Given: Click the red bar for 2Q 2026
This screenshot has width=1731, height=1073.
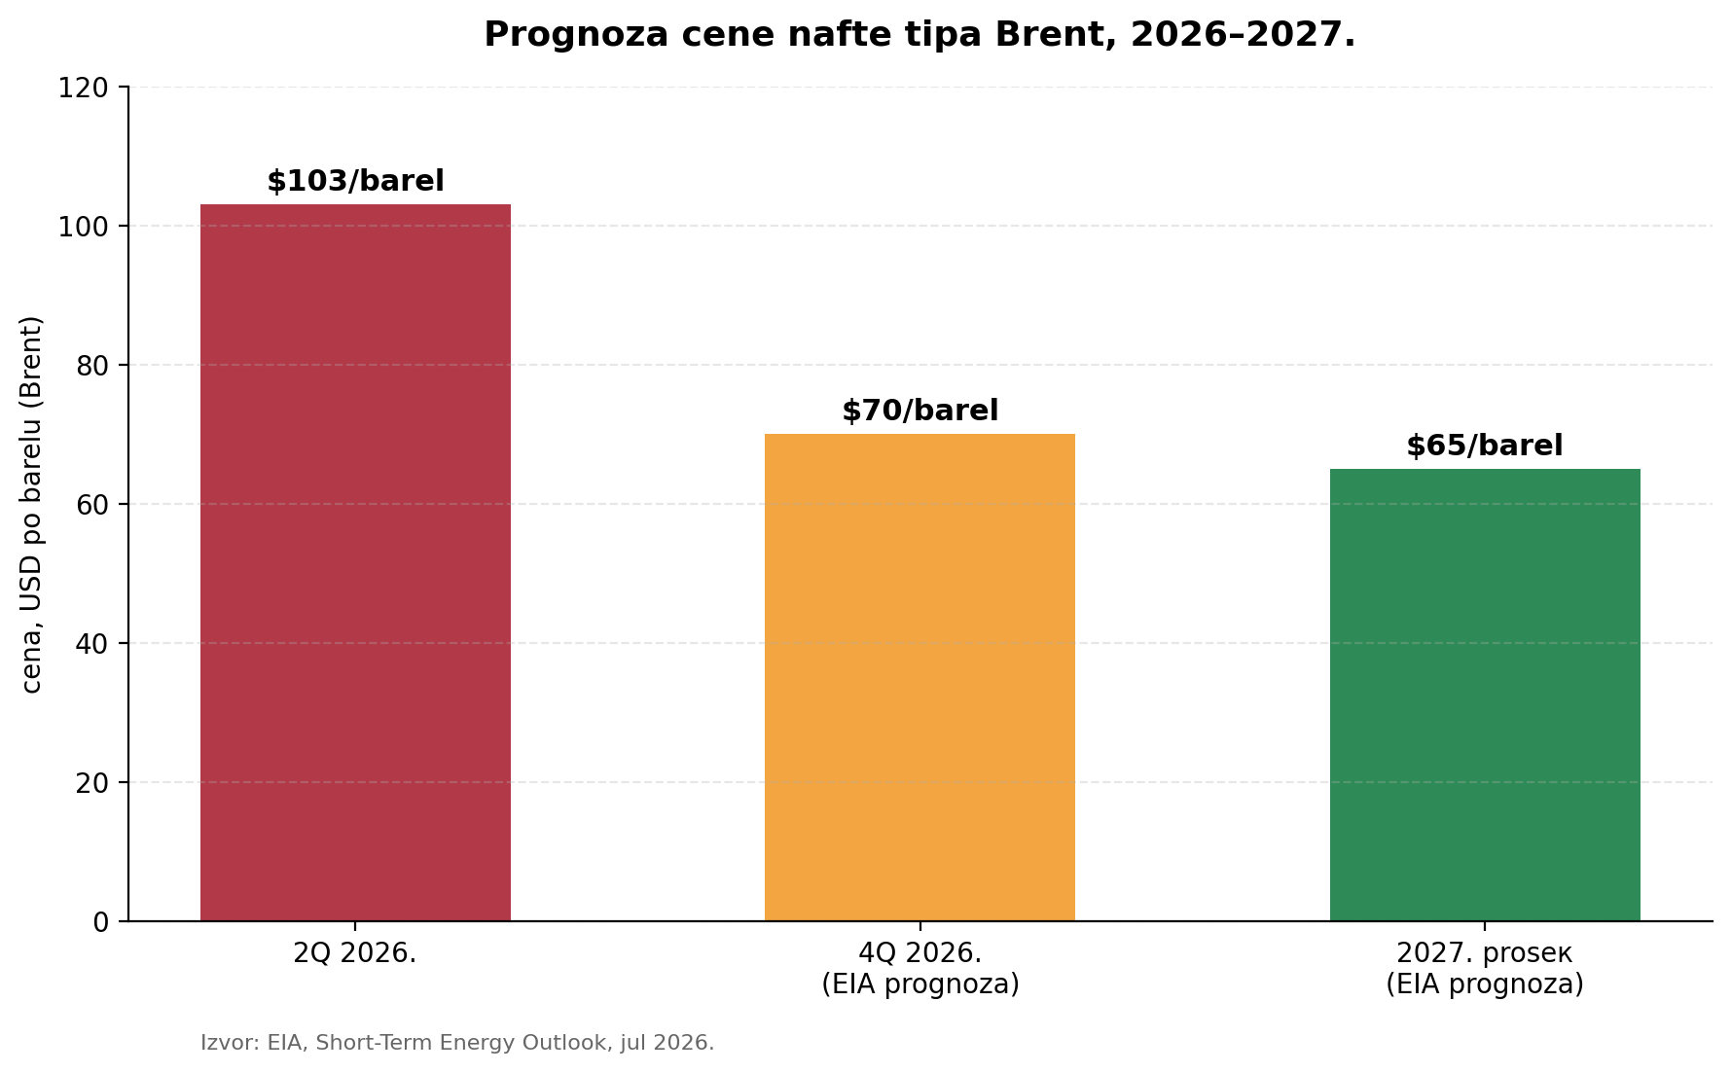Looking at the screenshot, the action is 355,562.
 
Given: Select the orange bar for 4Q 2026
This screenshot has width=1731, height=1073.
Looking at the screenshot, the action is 920,677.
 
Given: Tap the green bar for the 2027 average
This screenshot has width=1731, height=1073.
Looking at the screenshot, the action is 1485,695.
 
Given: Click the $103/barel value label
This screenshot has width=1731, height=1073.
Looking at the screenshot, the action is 355,182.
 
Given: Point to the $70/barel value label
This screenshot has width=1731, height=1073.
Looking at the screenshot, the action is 920,411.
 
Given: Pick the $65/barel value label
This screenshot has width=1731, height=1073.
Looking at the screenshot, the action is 1485,447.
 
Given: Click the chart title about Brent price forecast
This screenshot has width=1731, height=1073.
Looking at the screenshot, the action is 920,35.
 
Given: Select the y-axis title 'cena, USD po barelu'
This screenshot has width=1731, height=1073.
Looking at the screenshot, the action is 32,504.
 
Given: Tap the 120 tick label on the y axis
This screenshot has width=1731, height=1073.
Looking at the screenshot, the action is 84,89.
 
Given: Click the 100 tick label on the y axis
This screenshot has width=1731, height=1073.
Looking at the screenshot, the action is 84,227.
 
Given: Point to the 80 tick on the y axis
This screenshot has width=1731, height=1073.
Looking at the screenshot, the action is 92,366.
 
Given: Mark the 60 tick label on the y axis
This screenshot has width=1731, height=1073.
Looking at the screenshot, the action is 92,505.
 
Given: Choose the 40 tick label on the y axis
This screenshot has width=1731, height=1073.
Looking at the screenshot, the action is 92,644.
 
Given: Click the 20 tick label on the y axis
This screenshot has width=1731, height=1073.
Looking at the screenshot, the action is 92,783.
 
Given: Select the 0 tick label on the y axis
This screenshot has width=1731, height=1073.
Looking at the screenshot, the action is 101,922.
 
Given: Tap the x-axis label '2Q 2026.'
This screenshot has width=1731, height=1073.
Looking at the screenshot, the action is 355,953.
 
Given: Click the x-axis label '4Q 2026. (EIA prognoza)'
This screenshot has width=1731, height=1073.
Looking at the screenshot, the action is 920,969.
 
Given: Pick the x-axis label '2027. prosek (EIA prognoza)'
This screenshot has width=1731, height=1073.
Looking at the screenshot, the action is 1485,969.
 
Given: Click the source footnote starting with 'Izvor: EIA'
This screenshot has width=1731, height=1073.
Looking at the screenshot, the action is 457,1043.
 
